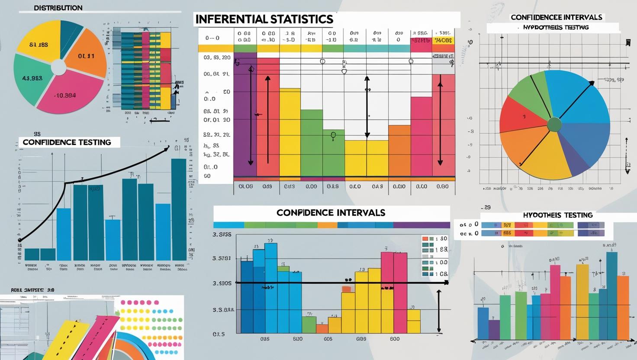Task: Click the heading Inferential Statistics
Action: pos(264,19)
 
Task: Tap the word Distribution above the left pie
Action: pos(58,8)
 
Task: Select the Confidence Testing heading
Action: pos(67,142)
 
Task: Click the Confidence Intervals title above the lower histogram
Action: pos(331,213)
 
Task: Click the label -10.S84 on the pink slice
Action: pos(65,96)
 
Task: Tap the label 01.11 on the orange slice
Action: pos(86,56)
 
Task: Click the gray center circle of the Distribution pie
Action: pos(58,67)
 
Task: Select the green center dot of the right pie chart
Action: pos(554,125)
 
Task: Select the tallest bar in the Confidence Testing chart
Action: pos(179,209)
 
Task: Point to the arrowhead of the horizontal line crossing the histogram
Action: pos(446,283)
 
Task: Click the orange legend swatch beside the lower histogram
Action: pos(425,238)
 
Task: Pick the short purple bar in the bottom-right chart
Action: pos(494,329)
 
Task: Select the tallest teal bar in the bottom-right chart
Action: pos(611,294)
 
